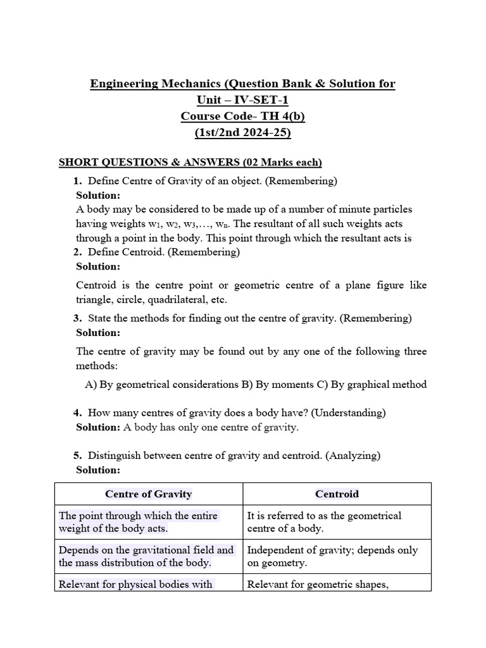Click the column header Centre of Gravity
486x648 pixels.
point(149,494)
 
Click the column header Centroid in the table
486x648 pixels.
point(337,494)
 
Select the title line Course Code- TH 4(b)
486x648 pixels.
point(242,116)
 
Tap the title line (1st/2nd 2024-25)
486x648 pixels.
point(242,133)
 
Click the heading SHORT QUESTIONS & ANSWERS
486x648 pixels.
point(190,163)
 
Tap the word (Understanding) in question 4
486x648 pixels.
point(349,413)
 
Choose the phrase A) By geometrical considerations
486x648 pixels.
point(161,384)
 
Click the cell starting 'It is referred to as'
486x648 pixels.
point(324,522)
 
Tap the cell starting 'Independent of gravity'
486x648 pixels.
point(332,556)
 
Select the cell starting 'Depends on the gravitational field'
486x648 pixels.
point(146,556)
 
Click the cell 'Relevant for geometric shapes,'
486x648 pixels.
point(317,584)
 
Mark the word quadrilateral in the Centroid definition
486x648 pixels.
point(180,300)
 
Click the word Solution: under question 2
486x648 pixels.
point(98,266)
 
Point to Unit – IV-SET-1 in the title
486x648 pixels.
point(242,100)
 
